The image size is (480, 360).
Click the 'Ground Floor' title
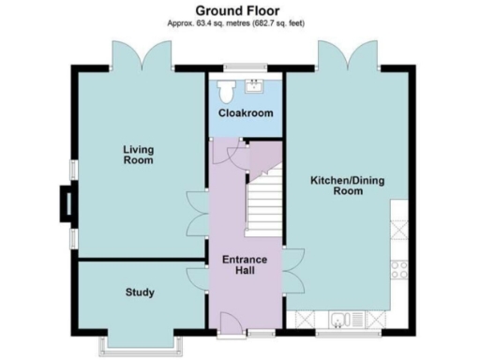238,9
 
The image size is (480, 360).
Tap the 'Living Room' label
140,155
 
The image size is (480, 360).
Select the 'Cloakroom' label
246,113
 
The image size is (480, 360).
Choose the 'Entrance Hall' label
245,265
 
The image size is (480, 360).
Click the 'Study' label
140,292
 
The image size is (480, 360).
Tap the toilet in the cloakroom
225,91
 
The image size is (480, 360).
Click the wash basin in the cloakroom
254,87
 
